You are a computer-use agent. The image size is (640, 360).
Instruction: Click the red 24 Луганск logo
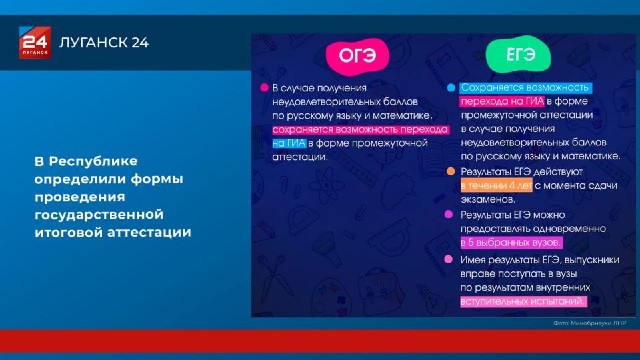click(x=33, y=43)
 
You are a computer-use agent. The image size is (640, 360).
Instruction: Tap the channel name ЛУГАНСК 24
click(x=104, y=43)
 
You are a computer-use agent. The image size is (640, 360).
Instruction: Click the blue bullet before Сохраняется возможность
click(x=451, y=87)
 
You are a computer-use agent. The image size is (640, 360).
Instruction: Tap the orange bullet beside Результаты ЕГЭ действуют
click(x=451, y=171)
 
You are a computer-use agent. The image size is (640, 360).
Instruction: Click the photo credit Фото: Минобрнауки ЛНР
click(x=589, y=323)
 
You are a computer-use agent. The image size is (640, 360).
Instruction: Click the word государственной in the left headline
click(x=99, y=215)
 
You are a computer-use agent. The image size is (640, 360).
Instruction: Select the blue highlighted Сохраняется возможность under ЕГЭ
click(x=525, y=87)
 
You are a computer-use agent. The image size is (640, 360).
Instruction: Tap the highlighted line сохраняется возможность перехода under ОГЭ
click(x=349, y=129)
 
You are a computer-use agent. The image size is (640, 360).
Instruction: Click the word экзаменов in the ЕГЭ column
click(x=487, y=199)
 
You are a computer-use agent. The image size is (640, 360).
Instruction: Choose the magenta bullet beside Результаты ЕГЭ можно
click(x=449, y=215)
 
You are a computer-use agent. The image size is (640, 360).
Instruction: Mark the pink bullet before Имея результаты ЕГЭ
click(x=449, y=259)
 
